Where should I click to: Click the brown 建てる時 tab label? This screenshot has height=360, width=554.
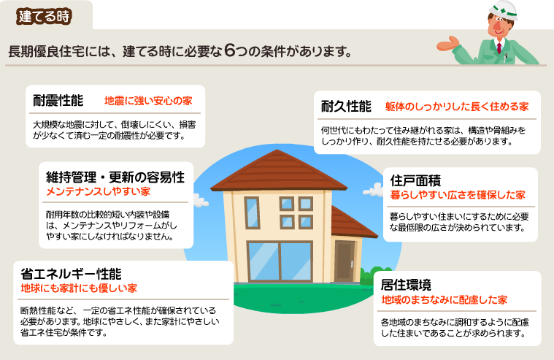[44, 17]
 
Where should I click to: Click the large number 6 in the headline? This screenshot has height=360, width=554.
[229, 50]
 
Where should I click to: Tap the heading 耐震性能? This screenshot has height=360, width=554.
[58, 101]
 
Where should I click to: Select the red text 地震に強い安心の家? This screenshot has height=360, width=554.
[148, 102]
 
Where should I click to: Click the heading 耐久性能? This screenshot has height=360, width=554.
[346, 106]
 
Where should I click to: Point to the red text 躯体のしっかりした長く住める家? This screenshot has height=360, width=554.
[457, 107]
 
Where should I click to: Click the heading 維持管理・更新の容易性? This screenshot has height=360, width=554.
[115, 177]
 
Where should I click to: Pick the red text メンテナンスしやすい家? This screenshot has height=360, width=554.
[99, 191]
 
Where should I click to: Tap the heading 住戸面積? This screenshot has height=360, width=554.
[415, 180]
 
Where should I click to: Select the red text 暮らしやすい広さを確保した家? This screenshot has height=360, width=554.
[458, 195]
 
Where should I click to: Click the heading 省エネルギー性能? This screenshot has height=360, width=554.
[71, 274]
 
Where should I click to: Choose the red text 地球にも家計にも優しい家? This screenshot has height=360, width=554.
[79, 288]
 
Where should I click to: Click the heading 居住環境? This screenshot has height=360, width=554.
[406, 285]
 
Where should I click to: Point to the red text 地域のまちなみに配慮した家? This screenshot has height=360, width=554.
[444, 300]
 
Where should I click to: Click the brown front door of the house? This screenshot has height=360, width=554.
[345, 261]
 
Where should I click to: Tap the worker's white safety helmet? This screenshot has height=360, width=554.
[503, 10]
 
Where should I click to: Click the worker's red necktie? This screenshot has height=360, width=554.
[499, 47]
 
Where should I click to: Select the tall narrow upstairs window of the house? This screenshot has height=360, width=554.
[252, 212]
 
